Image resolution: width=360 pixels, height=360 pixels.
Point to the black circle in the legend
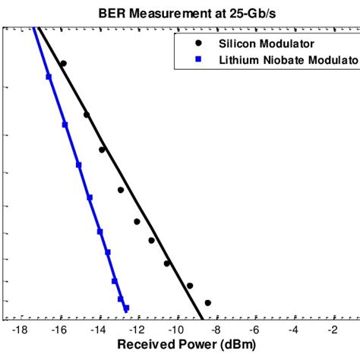point(198,43)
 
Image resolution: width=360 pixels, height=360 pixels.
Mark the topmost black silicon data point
point(63,64)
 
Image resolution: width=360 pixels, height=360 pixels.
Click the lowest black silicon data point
point(207,303)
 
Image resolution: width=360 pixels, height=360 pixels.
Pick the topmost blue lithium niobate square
point(49,77)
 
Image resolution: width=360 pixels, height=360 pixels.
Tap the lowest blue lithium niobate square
point(126,308)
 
